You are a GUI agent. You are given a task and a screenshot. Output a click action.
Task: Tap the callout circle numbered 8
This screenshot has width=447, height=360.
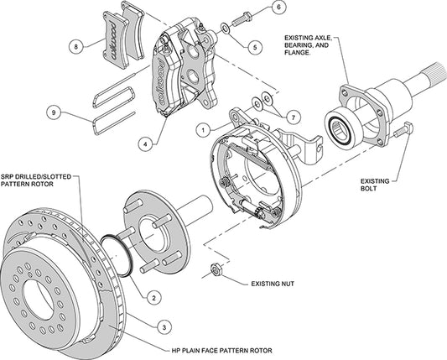click(x=77, y=47)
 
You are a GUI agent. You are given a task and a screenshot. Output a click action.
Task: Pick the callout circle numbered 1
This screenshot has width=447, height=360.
click(x=202, y=129)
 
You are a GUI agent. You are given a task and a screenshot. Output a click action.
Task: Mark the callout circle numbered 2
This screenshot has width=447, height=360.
click(x=155, y=295)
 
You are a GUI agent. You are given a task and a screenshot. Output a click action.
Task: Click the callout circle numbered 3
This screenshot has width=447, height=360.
click(x=167, y=326)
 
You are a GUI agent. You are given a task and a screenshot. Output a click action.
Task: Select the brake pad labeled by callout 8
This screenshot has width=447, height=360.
click(x=118, y=38)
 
